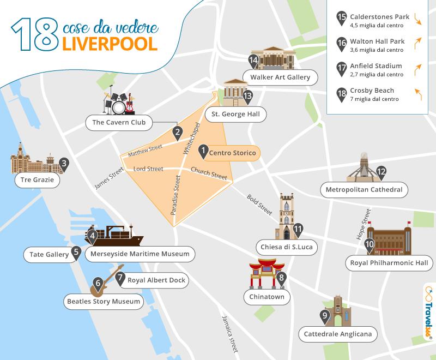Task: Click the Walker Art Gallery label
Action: [280, 77]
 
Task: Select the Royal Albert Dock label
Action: [156, 280]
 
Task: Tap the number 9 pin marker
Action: [325, 316]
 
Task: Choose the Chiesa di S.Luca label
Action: [289, 247]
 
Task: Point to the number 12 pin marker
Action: [381, 171]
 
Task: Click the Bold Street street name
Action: [259, 203]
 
